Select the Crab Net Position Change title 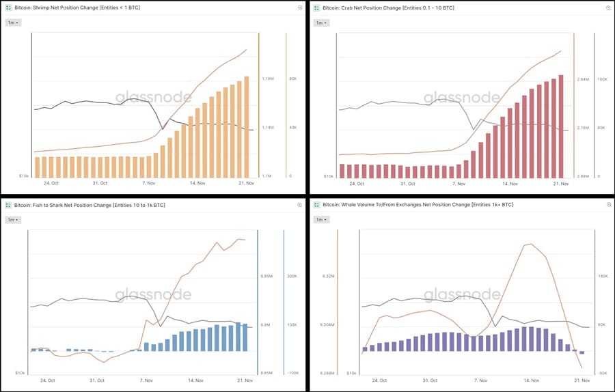[384, 8]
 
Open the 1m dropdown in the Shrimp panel [14, 23]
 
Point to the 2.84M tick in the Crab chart [583, 79]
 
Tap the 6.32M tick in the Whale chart [328, 277]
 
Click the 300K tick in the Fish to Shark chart [292, 277]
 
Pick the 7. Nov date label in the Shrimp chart [148, 183]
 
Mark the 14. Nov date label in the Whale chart [531, 380]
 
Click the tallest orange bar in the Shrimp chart [247, 126]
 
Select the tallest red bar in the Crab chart [561, 126]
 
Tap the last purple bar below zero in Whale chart [582, 352]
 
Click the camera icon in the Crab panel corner [607, 8]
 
